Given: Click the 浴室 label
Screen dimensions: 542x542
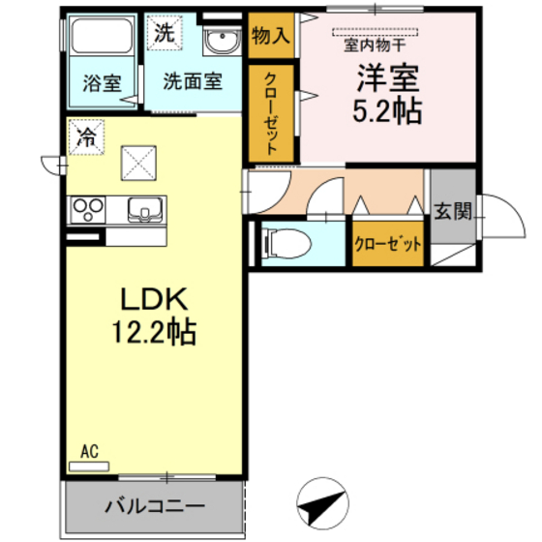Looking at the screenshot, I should click(101, 82).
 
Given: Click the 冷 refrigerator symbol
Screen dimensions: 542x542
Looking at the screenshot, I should click(85, 137).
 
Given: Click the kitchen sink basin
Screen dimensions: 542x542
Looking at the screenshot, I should click(146, 208).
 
